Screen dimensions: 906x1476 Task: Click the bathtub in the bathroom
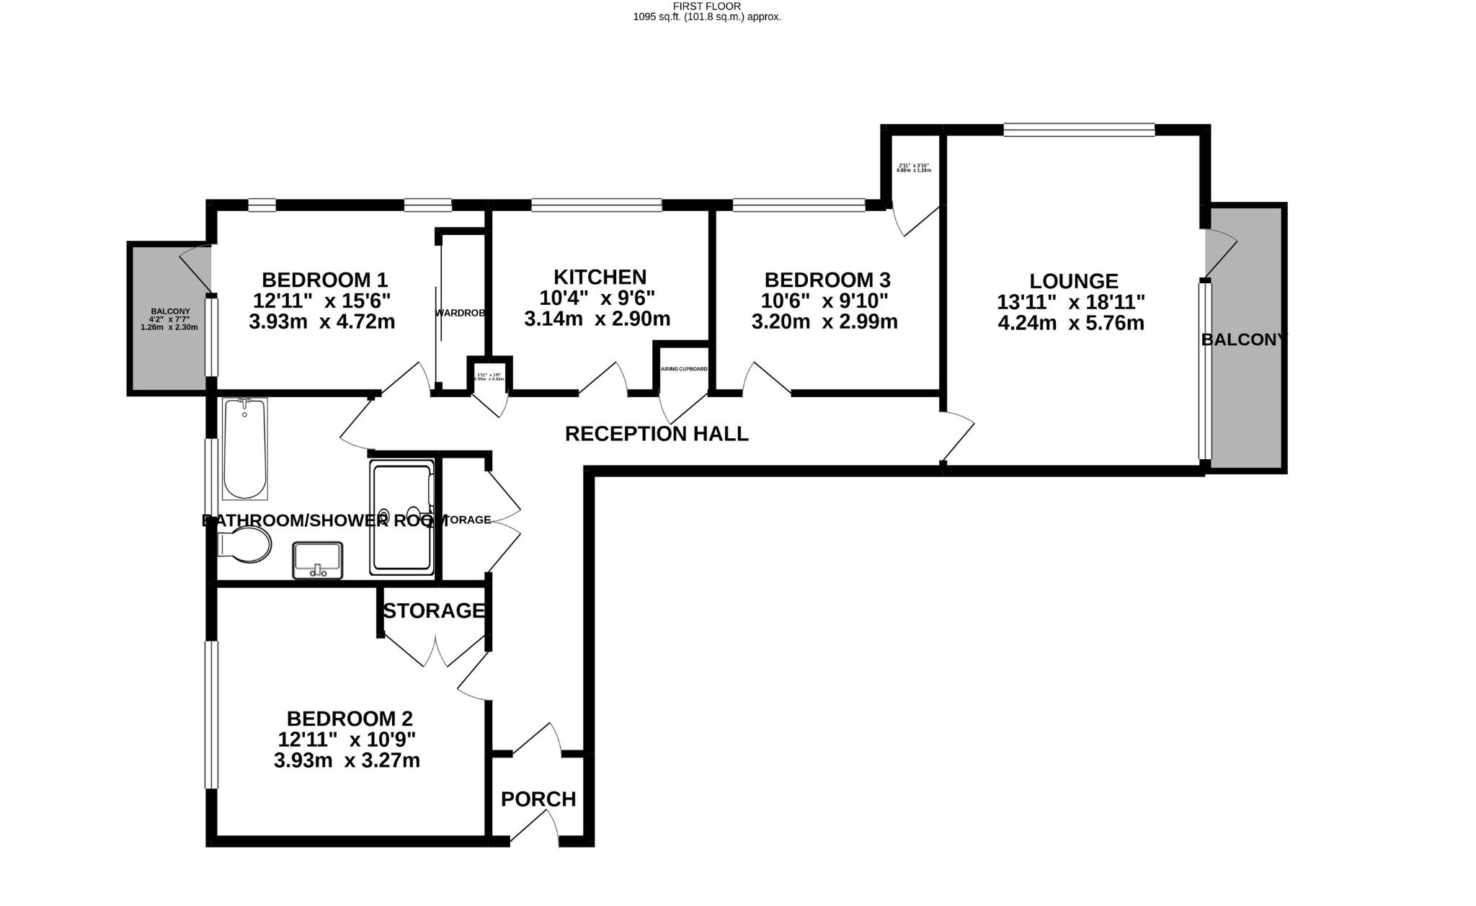point(245,448)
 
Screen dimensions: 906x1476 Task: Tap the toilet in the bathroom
point(246,545)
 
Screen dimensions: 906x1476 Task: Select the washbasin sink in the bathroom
point(317,560)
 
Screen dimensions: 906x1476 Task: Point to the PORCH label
point(538,799)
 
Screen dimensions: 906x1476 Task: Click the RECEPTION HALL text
point(657,434)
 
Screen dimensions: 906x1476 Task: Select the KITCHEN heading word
point(600,277)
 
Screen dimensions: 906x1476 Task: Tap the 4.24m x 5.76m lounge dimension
point(1071,323)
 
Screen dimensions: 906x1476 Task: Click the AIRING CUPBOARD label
point(684,369)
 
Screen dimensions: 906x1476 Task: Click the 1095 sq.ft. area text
point(707,17)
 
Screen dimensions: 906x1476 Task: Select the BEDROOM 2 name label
point(350,719)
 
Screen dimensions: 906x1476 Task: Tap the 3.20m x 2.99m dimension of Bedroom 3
point(824,321)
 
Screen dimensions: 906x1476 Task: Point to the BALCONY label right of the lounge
point(1243,339)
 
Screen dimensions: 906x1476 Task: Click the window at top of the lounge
point(1079,130)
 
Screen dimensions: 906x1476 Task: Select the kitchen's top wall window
point(597,205)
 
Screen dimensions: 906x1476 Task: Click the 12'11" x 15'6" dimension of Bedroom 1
point(322,300)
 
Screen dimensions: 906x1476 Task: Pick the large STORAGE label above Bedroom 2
point(433,610)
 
